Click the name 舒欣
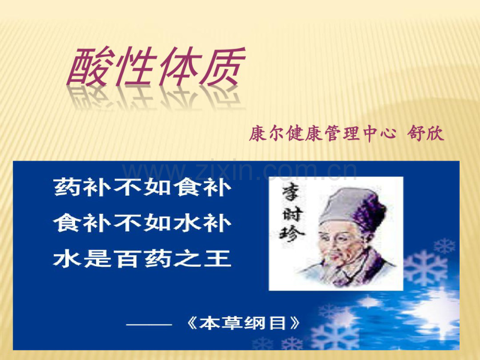coord(426,135)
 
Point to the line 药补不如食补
coord(142,188)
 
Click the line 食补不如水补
coord(142,223)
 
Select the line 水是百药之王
coord(142,258)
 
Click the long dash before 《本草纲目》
coord(149,324)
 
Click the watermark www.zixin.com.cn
coord(239,171)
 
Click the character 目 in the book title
coord(279,323)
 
